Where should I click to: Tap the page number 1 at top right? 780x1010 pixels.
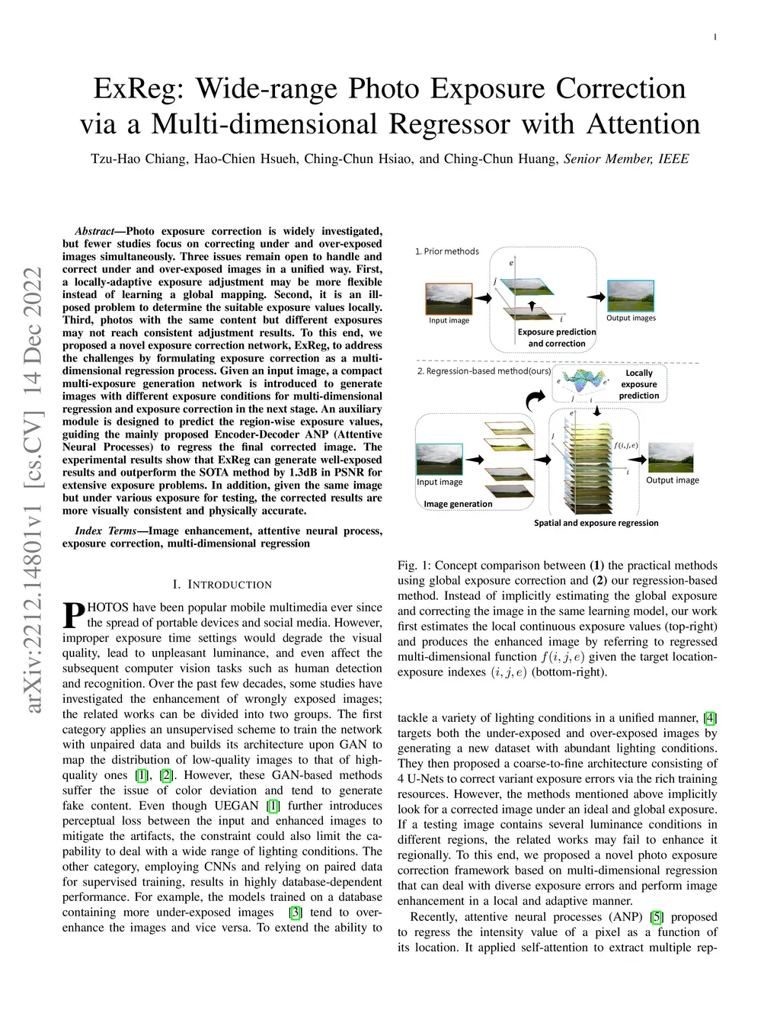(715, 37)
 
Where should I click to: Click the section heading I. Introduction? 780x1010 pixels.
(222, 585)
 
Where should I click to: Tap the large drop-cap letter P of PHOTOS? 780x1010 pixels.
(73, 615)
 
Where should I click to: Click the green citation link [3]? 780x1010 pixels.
(296, 912)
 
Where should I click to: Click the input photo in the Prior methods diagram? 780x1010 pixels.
(449, 299)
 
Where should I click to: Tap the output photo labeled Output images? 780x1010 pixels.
(630, 296)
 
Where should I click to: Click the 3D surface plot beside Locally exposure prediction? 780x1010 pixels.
(585, 383)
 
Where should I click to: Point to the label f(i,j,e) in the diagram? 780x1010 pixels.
(625, 445)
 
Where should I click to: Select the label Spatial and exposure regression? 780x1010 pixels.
(596, 523)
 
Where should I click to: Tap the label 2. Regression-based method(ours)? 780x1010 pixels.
(484, 371)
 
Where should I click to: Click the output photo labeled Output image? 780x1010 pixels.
(670, 457)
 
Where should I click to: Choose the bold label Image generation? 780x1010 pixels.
(458, 504)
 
